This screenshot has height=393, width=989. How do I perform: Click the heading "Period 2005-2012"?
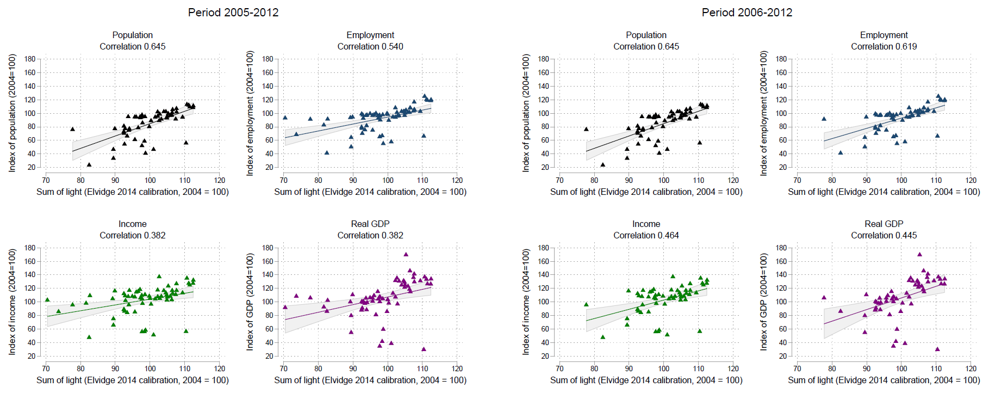(x=233, y=13)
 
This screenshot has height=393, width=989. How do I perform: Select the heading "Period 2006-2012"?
(x=747, y=13)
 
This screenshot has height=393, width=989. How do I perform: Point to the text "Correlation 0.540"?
(x=370, y=47)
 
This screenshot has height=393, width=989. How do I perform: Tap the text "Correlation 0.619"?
(x=884, y=47)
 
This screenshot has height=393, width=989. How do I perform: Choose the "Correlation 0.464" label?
(x=646, y=236)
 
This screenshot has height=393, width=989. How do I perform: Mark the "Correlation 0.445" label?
(x=884, y=236)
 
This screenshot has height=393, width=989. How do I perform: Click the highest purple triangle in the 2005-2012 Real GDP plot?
(x=406, y=254)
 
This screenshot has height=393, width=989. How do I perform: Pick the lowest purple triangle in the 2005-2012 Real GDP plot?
(x=424, y=349)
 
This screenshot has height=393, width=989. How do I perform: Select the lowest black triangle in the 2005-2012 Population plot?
(x=89, y=164)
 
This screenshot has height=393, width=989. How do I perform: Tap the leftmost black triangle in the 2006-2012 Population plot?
(x=586, y=129)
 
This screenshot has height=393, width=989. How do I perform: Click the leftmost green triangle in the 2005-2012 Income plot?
(x=47, y=299)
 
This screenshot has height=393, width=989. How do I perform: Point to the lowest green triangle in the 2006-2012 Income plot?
(x=602, y=337)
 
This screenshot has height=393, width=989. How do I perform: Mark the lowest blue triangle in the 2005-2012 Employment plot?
(x=327, y=152)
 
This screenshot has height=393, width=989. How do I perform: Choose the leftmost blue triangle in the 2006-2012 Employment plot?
(x=824, y=119)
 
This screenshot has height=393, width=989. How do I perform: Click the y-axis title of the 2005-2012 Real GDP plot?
(x=250, y=302)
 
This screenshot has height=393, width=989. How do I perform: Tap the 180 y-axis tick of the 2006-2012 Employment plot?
(x=781, y=59)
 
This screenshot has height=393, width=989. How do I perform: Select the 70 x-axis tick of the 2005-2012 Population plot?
(x=46, y=180)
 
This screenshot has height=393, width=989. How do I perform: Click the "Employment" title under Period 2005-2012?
(x=370, y=35)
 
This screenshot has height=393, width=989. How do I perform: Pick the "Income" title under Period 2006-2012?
(x=646, y=224)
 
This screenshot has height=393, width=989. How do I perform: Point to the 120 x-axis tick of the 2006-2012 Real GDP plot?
(x=971, y=369)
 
